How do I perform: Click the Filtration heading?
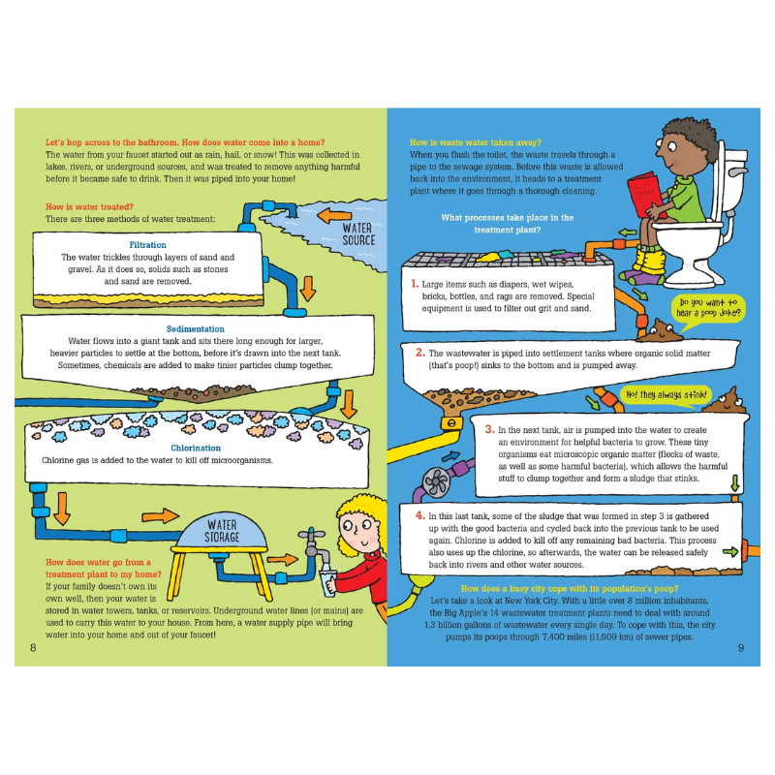(147, 245)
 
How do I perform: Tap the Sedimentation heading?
(196, 328)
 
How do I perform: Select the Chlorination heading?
(196, 448)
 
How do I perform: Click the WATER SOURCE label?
(358, 234)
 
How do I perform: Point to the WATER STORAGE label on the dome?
(222, 531)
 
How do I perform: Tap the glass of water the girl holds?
(327, 582)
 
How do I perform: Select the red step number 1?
(415, 284)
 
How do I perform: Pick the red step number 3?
(489, 429)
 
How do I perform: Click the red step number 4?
(420, 515)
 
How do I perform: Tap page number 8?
(33, 648)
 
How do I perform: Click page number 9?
(741, 648)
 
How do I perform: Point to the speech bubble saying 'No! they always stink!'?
(666, 395)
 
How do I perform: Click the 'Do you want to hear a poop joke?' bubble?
(708, 309)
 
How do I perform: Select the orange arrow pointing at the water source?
(334, 215)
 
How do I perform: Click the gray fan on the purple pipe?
(437, 481)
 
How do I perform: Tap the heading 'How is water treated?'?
(89, 206)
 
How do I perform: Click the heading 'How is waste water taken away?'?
(476, 142)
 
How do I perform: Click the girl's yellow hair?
(358, 514)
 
